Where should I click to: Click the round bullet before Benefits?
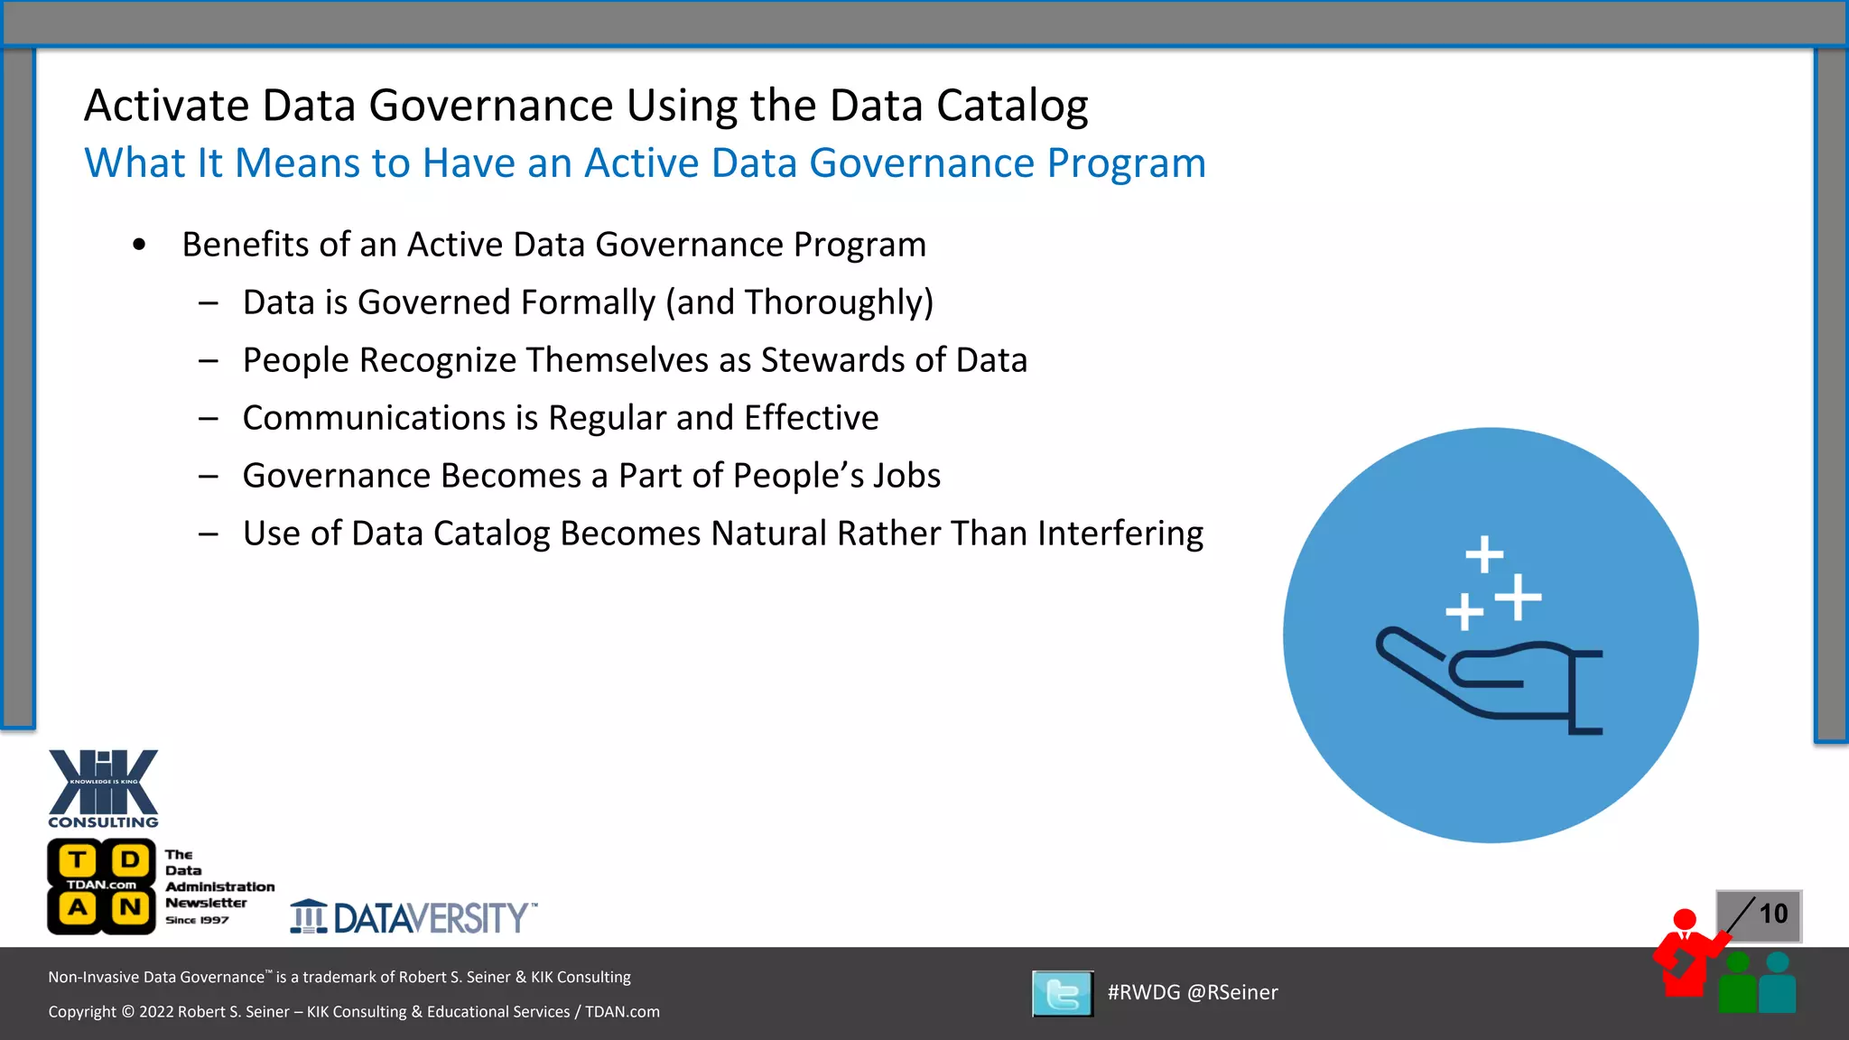[139, 246]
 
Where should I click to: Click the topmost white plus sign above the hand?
[1483, 554]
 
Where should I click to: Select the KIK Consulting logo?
[103, 788]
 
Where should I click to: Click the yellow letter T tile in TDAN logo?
[79, 859]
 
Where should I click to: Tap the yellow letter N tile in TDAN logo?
[130, 907]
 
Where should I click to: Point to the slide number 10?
[1772, 915]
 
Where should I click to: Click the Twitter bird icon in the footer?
[1063, 994]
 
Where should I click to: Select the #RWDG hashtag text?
[1143, 993]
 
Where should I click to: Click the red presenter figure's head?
[1684, 920]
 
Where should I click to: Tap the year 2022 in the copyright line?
[156, 1012]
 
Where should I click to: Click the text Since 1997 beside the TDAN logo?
[197, 920]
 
